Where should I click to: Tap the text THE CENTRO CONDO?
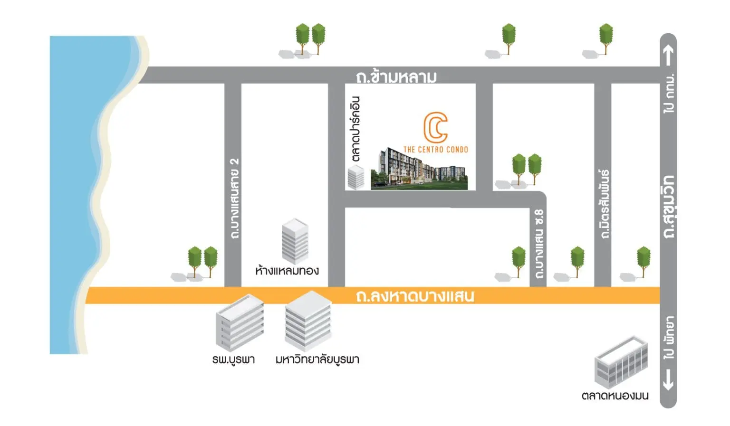click(x=436, y=150)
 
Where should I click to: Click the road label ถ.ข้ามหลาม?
click(x=396, y=77)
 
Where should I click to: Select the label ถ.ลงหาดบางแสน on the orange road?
click(x=415, y=296)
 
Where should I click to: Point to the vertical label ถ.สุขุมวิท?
click(x=669, y=207)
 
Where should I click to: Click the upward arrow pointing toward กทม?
click(x=668, y=55)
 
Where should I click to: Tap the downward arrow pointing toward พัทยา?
click(x=668, y=380)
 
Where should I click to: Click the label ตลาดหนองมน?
click(x=615, y=396)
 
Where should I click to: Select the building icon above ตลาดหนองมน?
click(x=621, y=362)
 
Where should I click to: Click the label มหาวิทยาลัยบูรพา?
click(x=317, y=360)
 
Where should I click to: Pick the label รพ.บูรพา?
click(x=233, y=360)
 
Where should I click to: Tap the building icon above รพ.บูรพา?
click(x=240, y=323)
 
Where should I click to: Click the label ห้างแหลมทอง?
click(x=287, y=270)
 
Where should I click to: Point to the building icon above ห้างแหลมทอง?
click(x=295, y=241)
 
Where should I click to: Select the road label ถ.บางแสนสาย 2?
click(x=234, y=199)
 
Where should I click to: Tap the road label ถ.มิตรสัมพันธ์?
click(x=605, y=204)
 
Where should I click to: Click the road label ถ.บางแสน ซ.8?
click(x=539, y=244)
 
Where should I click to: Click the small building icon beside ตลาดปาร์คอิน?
click(x=356, y=177)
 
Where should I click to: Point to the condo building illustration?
click(x=419, y=169)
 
